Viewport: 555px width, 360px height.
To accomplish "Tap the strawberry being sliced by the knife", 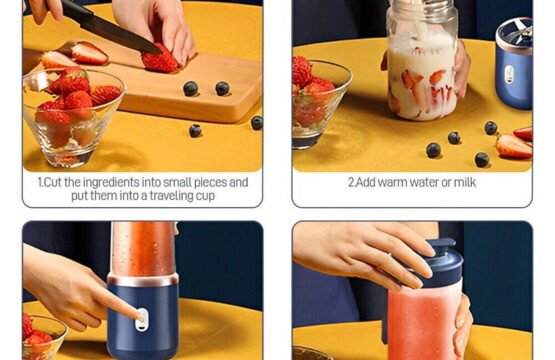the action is (x=160, y=59).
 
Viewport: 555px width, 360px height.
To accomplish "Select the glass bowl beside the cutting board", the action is (x=73, y=117).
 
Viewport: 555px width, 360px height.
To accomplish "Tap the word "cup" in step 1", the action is (x=205, y=196).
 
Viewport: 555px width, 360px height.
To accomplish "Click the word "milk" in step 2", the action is (x=465, y=182).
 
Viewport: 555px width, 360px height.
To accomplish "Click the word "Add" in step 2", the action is (x=365, y=183).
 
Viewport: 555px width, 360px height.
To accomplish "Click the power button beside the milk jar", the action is (x=509, y=74).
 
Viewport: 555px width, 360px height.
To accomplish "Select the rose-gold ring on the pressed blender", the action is (x=143, y=279).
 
